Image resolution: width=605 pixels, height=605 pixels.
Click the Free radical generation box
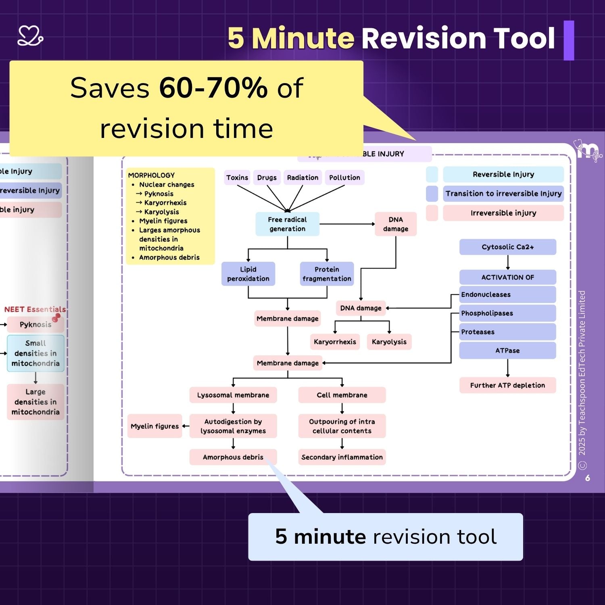[287, 224]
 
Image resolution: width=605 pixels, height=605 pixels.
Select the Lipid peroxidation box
[248, 274]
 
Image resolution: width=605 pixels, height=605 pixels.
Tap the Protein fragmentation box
[327, 274]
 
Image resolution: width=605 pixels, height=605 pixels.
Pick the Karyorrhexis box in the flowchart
[335, 342]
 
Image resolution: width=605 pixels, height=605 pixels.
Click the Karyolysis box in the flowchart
[389, 342]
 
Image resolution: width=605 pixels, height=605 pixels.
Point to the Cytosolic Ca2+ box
[507, 247]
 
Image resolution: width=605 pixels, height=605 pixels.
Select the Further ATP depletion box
[507, 385]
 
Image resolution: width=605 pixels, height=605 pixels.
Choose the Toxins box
[237, 177]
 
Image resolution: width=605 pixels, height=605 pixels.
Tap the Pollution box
[344, 177]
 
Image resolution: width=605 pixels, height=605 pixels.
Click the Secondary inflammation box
[342, 457]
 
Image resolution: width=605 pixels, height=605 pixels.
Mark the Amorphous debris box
[233, 457]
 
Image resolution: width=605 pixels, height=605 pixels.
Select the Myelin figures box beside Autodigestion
[154, 426]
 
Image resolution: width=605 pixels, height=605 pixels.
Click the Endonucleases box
[507, 294]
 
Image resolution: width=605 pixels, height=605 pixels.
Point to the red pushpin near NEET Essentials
[56, 318]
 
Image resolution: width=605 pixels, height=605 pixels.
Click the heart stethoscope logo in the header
[30, 36]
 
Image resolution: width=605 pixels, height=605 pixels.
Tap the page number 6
[588, 478]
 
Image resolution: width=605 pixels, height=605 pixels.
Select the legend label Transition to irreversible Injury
[503, 194]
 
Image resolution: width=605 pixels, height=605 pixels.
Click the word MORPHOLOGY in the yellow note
[151, 175]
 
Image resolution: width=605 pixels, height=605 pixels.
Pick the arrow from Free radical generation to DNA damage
[347, 224]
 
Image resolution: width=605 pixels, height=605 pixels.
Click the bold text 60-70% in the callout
[213, 88]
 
